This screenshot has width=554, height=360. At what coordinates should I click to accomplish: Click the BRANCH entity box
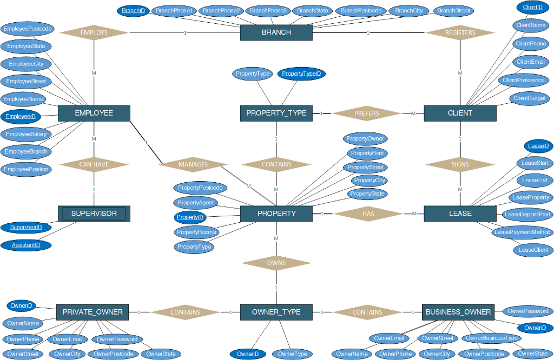pyautogui.click(x=276, y=32)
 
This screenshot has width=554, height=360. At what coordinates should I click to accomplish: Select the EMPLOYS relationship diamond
pyautogui.click(x=94, y=32)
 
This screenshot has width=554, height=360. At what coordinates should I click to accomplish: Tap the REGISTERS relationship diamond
pyautogui.click(x=460, y=32)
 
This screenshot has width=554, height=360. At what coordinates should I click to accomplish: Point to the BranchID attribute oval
pyautogui.click(x=133, y=10)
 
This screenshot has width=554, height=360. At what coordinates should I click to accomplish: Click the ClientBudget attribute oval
pyautogui.click(x=529, y=98)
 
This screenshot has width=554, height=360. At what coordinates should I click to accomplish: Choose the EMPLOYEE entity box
pyautogui.click(x=94, y=113)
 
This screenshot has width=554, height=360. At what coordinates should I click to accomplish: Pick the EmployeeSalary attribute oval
pyautogui.click(x=26, y=134)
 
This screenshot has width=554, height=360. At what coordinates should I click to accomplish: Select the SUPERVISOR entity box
pyautogui.click(x=94, y=214)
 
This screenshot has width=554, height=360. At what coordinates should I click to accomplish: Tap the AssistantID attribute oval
pyautogui.click(x=26, y=245)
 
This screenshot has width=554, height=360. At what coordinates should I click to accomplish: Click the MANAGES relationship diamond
pyautogui.click(x=193, y=164)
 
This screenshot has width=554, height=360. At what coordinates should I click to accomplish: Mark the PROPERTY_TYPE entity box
pyautogui.click(x=276, y=113)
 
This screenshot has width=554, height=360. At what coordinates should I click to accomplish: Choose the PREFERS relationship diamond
pyautogui.click(x=367, y=114)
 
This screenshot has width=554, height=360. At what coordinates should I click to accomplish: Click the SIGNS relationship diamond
pyautogui.click(x=460, y=164)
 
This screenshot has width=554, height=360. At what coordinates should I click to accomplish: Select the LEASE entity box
pyautogui.click(x=460, y=214)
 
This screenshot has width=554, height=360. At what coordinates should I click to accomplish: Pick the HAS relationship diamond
pyautogui.click(x=368, y=214)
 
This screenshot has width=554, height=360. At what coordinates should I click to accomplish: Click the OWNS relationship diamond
pyautogui.click(x=276, y=263)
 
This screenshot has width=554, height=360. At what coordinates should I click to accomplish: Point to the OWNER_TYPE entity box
pyautogui.click(x=276, y=312)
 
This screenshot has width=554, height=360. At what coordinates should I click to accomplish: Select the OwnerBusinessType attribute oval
pyautogui.click(x=492, y=338)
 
